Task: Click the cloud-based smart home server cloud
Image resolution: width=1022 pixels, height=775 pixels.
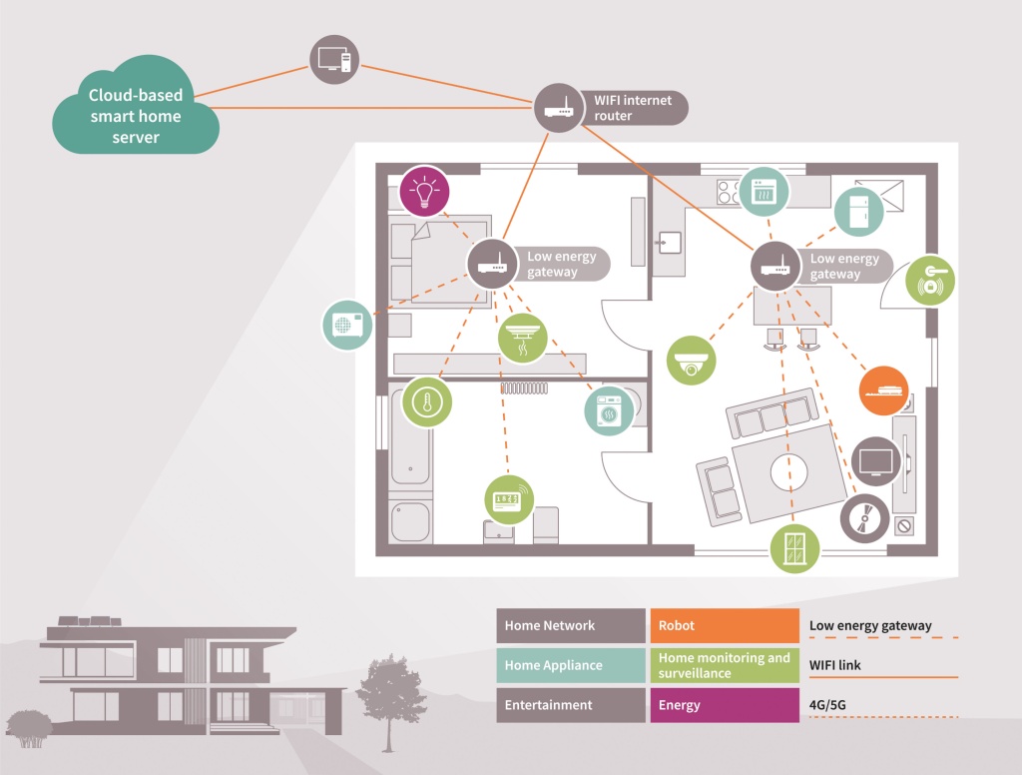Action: click(x=136, y=108)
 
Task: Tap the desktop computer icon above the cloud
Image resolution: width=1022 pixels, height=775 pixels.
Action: click(x=334, y=60)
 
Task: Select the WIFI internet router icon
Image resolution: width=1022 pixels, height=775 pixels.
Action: click(x=559, y=108)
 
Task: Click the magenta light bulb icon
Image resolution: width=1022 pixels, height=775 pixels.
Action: click(x=424, y=191)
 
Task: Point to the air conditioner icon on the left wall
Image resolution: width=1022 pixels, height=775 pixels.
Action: click(x=347, y=325)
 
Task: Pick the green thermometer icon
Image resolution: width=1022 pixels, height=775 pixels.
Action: click(x=427, y=401)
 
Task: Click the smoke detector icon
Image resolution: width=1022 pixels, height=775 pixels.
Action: click(x=522, y=339)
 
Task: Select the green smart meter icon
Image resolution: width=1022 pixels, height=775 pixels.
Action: click(x=509, y=500)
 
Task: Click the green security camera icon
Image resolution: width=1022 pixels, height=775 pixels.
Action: click(x=691, y=361)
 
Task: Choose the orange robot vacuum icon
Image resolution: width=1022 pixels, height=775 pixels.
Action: click(x=884, y=390)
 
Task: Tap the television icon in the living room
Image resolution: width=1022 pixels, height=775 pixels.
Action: click(x=876, y=461)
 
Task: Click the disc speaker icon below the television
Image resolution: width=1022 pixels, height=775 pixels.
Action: click(x=865, y=518)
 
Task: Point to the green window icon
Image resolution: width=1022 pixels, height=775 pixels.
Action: click(x=794, y=548)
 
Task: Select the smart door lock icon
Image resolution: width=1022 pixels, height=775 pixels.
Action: click(x=930, y=281)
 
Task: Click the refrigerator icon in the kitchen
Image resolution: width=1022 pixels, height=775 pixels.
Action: click(x=859, y=212)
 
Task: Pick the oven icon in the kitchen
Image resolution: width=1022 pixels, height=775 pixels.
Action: click(x=764, y=191)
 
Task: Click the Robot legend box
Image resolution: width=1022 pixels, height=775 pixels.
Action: click(x=725, y=625)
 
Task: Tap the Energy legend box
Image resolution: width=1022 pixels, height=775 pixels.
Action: click(x=725, y=705)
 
